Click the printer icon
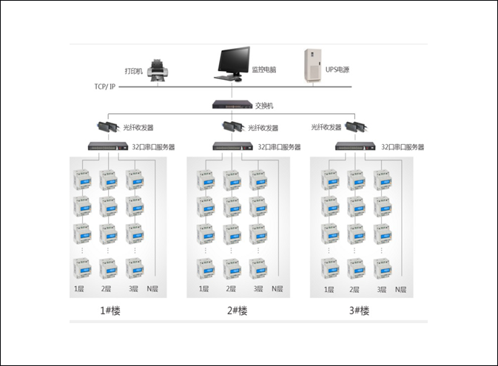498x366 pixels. [158, 70]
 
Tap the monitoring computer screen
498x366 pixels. [234, 61]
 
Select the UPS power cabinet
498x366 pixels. [313, 66]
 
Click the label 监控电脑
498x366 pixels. [264, 70]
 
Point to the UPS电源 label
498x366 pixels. [337, 70]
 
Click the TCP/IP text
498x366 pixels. [105, 87]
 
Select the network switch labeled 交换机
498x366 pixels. [232, 105]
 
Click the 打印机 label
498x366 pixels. [134, 71]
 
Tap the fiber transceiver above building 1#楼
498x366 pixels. [108, 126]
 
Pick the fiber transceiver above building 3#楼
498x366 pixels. [357, 126]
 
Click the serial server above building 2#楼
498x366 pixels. [233, 146]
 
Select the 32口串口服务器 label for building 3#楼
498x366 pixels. [403, 147]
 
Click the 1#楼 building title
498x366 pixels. [110, 311]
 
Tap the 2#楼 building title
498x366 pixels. [237, 311]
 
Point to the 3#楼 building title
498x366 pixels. [359, 311]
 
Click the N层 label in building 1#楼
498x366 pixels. [152, 289]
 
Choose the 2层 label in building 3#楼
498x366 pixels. [354, 290]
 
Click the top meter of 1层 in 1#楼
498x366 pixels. [83, 180]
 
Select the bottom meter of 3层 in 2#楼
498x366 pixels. [258, 269]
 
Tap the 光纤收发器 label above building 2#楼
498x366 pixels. [263, 128]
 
